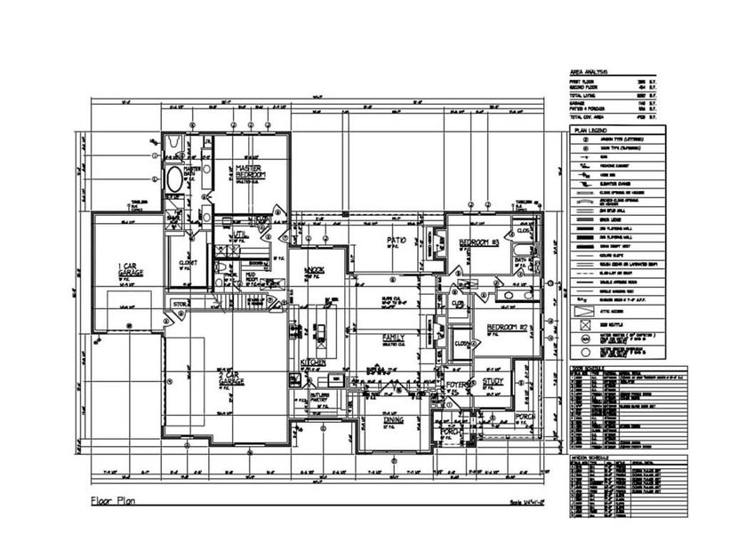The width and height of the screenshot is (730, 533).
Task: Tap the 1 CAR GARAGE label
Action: [x=132, y=267]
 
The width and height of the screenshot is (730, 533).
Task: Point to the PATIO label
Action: [x=396, y=241]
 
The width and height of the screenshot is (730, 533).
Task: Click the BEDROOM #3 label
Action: [x=480, y=243]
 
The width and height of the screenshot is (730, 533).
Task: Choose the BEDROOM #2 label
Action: [x=508, y=328]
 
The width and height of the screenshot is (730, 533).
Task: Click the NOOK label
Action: [x=314, y=269]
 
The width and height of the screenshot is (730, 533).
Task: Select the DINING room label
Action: [x=394, y=421]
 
